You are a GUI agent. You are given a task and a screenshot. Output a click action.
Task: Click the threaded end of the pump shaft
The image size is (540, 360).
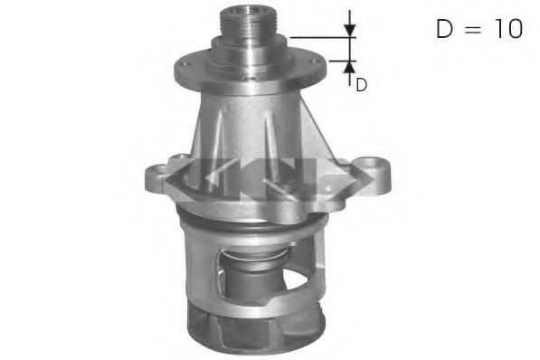click(242, 22)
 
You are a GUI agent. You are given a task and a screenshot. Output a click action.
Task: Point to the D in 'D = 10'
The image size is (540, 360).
click(443, 29)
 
